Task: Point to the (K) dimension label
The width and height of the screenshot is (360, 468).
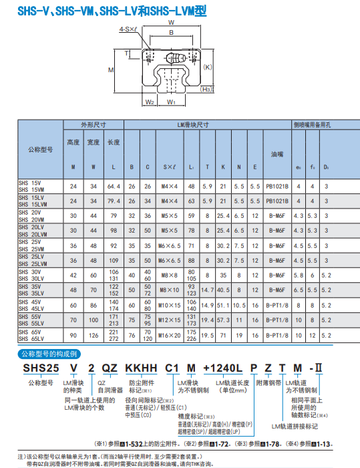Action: [x=208, y=67]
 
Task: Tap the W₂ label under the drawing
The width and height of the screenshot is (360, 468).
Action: [x=150, y=102]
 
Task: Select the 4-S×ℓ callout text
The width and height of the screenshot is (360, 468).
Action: [x=128, y=29]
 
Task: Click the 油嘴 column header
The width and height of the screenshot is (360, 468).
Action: [x=277, y=153]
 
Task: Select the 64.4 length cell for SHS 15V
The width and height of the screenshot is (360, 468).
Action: [x=114, y=185]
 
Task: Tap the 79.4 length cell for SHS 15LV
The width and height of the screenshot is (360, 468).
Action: [x=114, y=200]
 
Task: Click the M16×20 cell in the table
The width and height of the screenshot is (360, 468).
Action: [x=170, y=335]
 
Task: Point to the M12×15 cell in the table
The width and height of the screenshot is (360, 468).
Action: [x=170, y=320]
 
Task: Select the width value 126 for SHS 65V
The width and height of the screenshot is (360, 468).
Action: [x=94, y=335]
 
